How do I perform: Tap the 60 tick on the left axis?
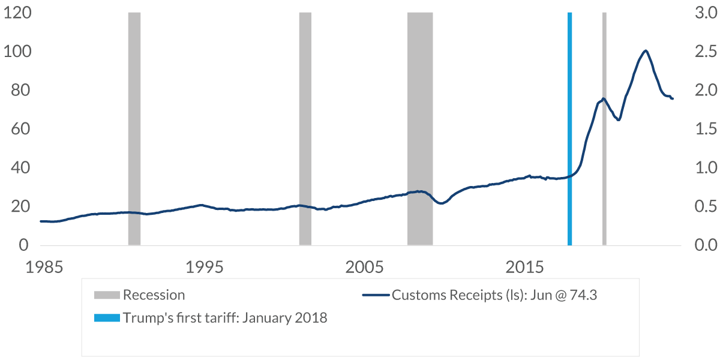pyautogui.click(x=18, y=129)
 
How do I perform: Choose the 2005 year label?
pyautogui.click(x=364, y=266)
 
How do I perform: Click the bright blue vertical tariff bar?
pyautogui.click(x=569, y=128)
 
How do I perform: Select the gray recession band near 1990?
pyautogui.click(x=134, y=128)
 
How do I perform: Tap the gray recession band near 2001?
pyautogui.click(x=305, y=128)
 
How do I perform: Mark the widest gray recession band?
pyautogui.click(x=420, y=128)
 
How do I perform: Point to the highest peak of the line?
pyautogui.click(x=646, y=51)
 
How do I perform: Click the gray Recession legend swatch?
pyautogui.click(x=107, y=295)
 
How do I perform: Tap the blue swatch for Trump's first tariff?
pyautogui.click(x=107, y=318)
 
